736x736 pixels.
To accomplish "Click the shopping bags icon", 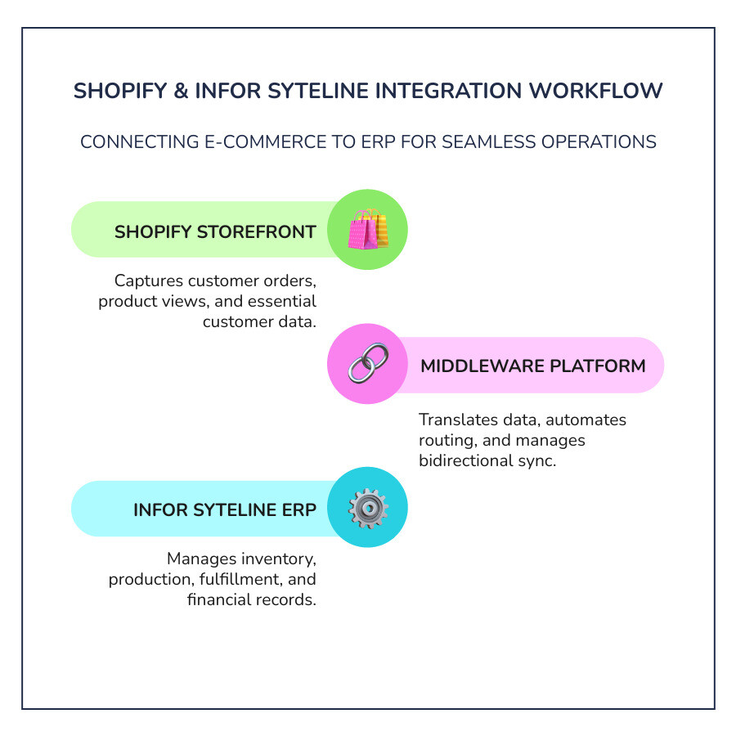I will pyautogui.click(x=367, y=230).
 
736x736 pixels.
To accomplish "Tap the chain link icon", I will pyautogui.click(x=367, y=364).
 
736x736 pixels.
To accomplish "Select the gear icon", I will pyautogui.click(x=367, y=509).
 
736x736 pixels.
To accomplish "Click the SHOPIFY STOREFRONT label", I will pyautogui.click(x=215, y=231).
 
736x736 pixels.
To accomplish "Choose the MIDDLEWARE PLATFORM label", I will pyautogui.click(x=532, y=366).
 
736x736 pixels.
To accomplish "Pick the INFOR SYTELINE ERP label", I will pyautogui.click(x=225, y=510).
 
